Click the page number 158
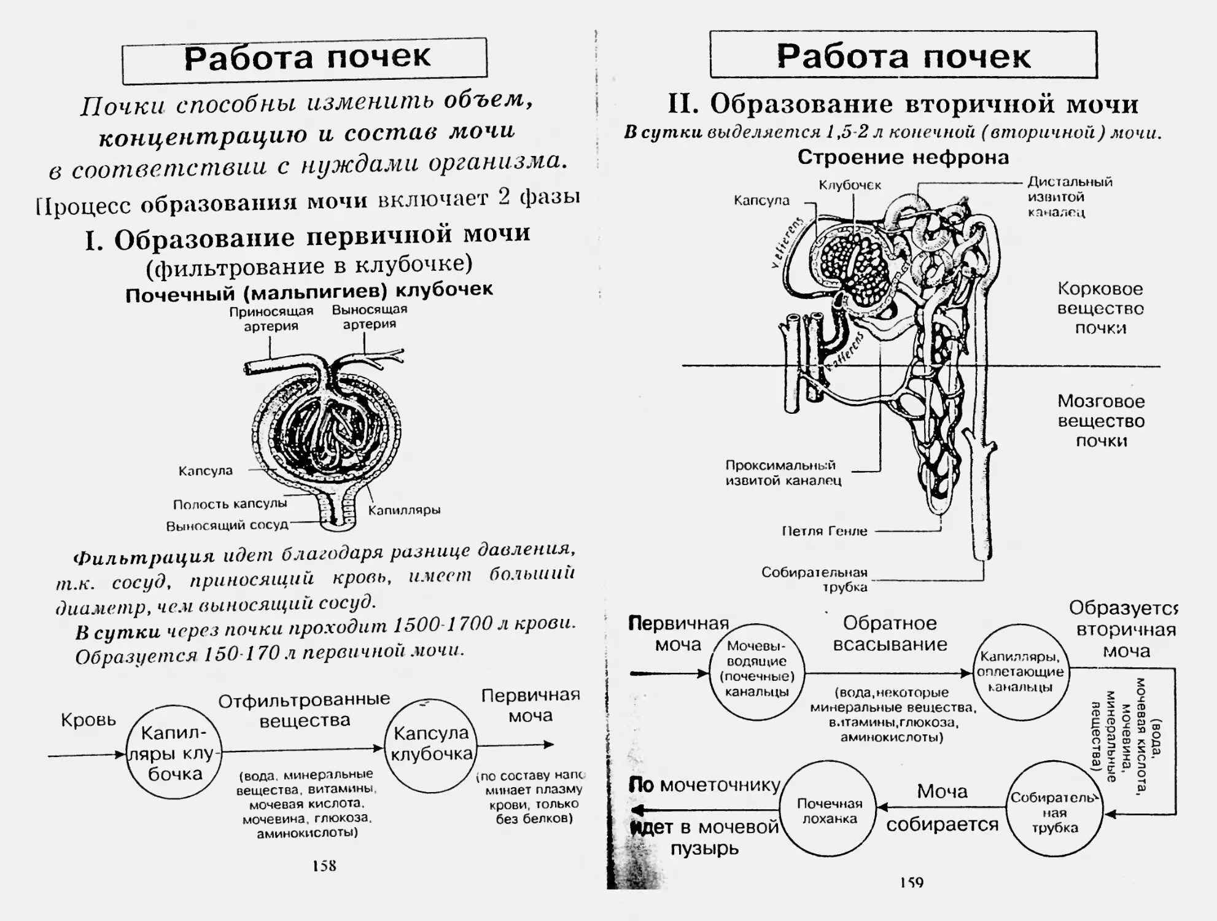tap(324, 866)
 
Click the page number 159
tap(912, 882)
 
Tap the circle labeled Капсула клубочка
tap(432, 744)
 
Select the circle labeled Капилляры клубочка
tap(174, 753)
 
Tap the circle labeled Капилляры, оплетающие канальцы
tap(1021, 672)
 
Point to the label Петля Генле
tap(825, 531)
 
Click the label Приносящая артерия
tap(271, 319)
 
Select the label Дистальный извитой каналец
tap(1070, 197)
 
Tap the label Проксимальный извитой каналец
tap(783, 473)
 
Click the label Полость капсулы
tap(230, 504)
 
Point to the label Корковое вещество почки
tap(1100, 308)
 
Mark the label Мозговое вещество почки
tap(1101, 421)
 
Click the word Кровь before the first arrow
tap(88, 720)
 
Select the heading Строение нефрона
tap(903, 158)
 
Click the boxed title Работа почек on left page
tap(305, 60)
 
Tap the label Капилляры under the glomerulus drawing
tap(404, 510)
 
